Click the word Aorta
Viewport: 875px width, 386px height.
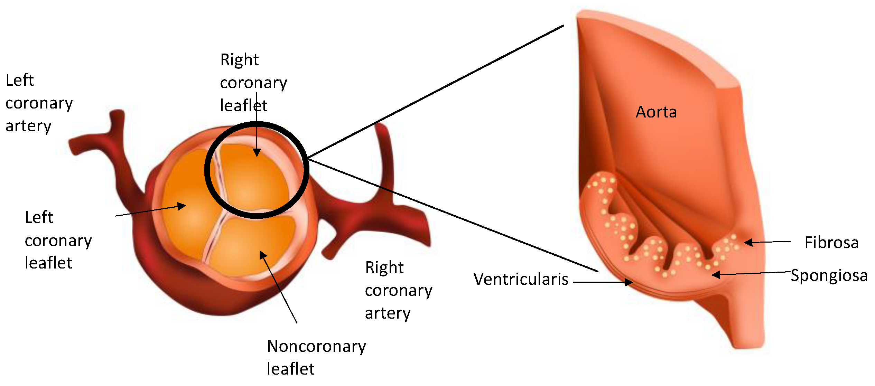[x=656, y=112]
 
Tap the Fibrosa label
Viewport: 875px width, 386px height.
[x=831, y=242]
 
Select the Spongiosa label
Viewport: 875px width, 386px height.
[x=829, y=275]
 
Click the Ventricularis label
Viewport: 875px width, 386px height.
[x=521, y=279]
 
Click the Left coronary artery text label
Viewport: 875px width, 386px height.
[x=39, y=103]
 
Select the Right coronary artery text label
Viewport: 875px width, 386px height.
[x=398, y=290]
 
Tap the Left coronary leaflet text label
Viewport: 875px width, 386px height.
[x=58, y=240]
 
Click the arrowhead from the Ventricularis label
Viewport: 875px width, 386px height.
[x=629, y=282]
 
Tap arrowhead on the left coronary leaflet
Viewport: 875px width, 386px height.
[x=182, y=206]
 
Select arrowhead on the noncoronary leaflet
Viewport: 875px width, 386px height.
[x=263, y=255]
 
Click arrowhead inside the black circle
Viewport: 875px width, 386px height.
[x=257, y=153]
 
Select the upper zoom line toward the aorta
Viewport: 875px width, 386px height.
[x=436, y=92]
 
